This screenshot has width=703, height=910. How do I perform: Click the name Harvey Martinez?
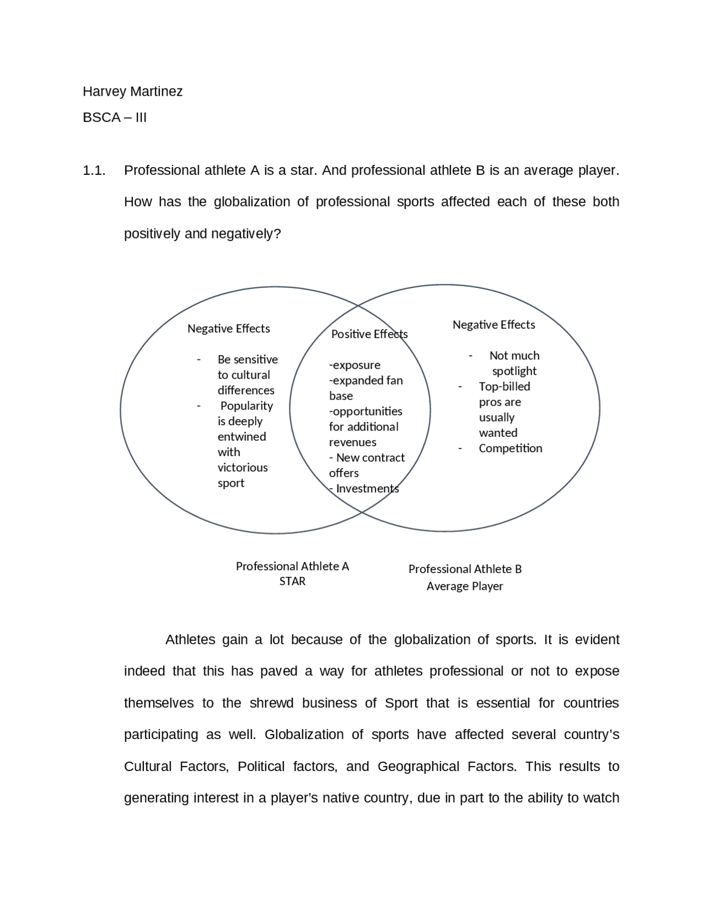(x=132, y=91)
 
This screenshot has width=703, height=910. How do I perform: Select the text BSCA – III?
(x=114, y=118)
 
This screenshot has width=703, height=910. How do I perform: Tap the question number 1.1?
(x=93, y=170)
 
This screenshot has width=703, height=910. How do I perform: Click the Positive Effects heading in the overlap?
(x=369, y=334)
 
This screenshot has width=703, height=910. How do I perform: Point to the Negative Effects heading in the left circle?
(x=228, y=329)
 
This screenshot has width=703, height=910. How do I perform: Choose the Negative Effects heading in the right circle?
(x=493, y=325)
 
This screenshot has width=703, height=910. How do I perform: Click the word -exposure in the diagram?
(x=354, y=365)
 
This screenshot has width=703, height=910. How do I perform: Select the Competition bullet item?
(x=510, y=448)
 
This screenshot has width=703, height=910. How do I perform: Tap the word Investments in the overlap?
(x=367, y=489)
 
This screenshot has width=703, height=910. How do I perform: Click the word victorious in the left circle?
(x=242, y=468)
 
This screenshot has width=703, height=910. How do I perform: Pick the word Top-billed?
(x=504, y=386)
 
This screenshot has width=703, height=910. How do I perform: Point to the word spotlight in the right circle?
(x=514, y=371)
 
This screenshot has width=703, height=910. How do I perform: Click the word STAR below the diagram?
(x=292, y=581)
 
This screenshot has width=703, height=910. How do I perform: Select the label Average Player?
(x=465, y=586)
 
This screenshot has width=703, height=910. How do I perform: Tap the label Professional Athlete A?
(x=292, y=566)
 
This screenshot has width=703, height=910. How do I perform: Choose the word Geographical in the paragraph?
(x=418, y=767)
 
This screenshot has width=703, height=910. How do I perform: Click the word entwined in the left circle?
(x=242, y=437)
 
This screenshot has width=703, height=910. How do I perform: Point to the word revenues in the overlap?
(x=353, y=442)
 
